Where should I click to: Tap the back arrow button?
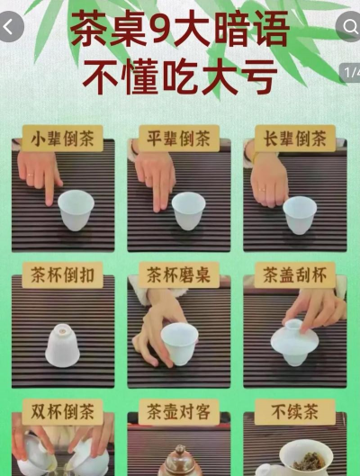tap(10, 27)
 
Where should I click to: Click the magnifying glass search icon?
tap(350, 27)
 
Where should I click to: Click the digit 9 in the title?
tap(161, 29)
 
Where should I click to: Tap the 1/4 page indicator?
tap(352, 73)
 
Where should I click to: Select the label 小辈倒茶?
tap(62, 139)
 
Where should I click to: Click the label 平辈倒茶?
tap(179, 139)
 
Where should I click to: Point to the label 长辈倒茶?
tap(294, 139)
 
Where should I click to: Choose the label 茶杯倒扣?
tap(62, 275)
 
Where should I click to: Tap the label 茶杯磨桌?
tap(179, 275)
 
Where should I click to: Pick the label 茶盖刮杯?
tap(294, 275)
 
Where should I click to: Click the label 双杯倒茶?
tap(62, 412)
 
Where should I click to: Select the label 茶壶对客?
tap(179, 412)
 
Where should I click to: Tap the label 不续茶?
tap(294, 412)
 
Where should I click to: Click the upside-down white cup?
tap(62, 346)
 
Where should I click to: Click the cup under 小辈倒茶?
tap(76, 210)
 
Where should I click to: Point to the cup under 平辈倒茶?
tap(188, 211)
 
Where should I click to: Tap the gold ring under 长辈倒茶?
tap(262, 190)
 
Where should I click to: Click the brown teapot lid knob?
tap(180, 450)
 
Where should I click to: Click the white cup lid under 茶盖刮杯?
tap(294, 338)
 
